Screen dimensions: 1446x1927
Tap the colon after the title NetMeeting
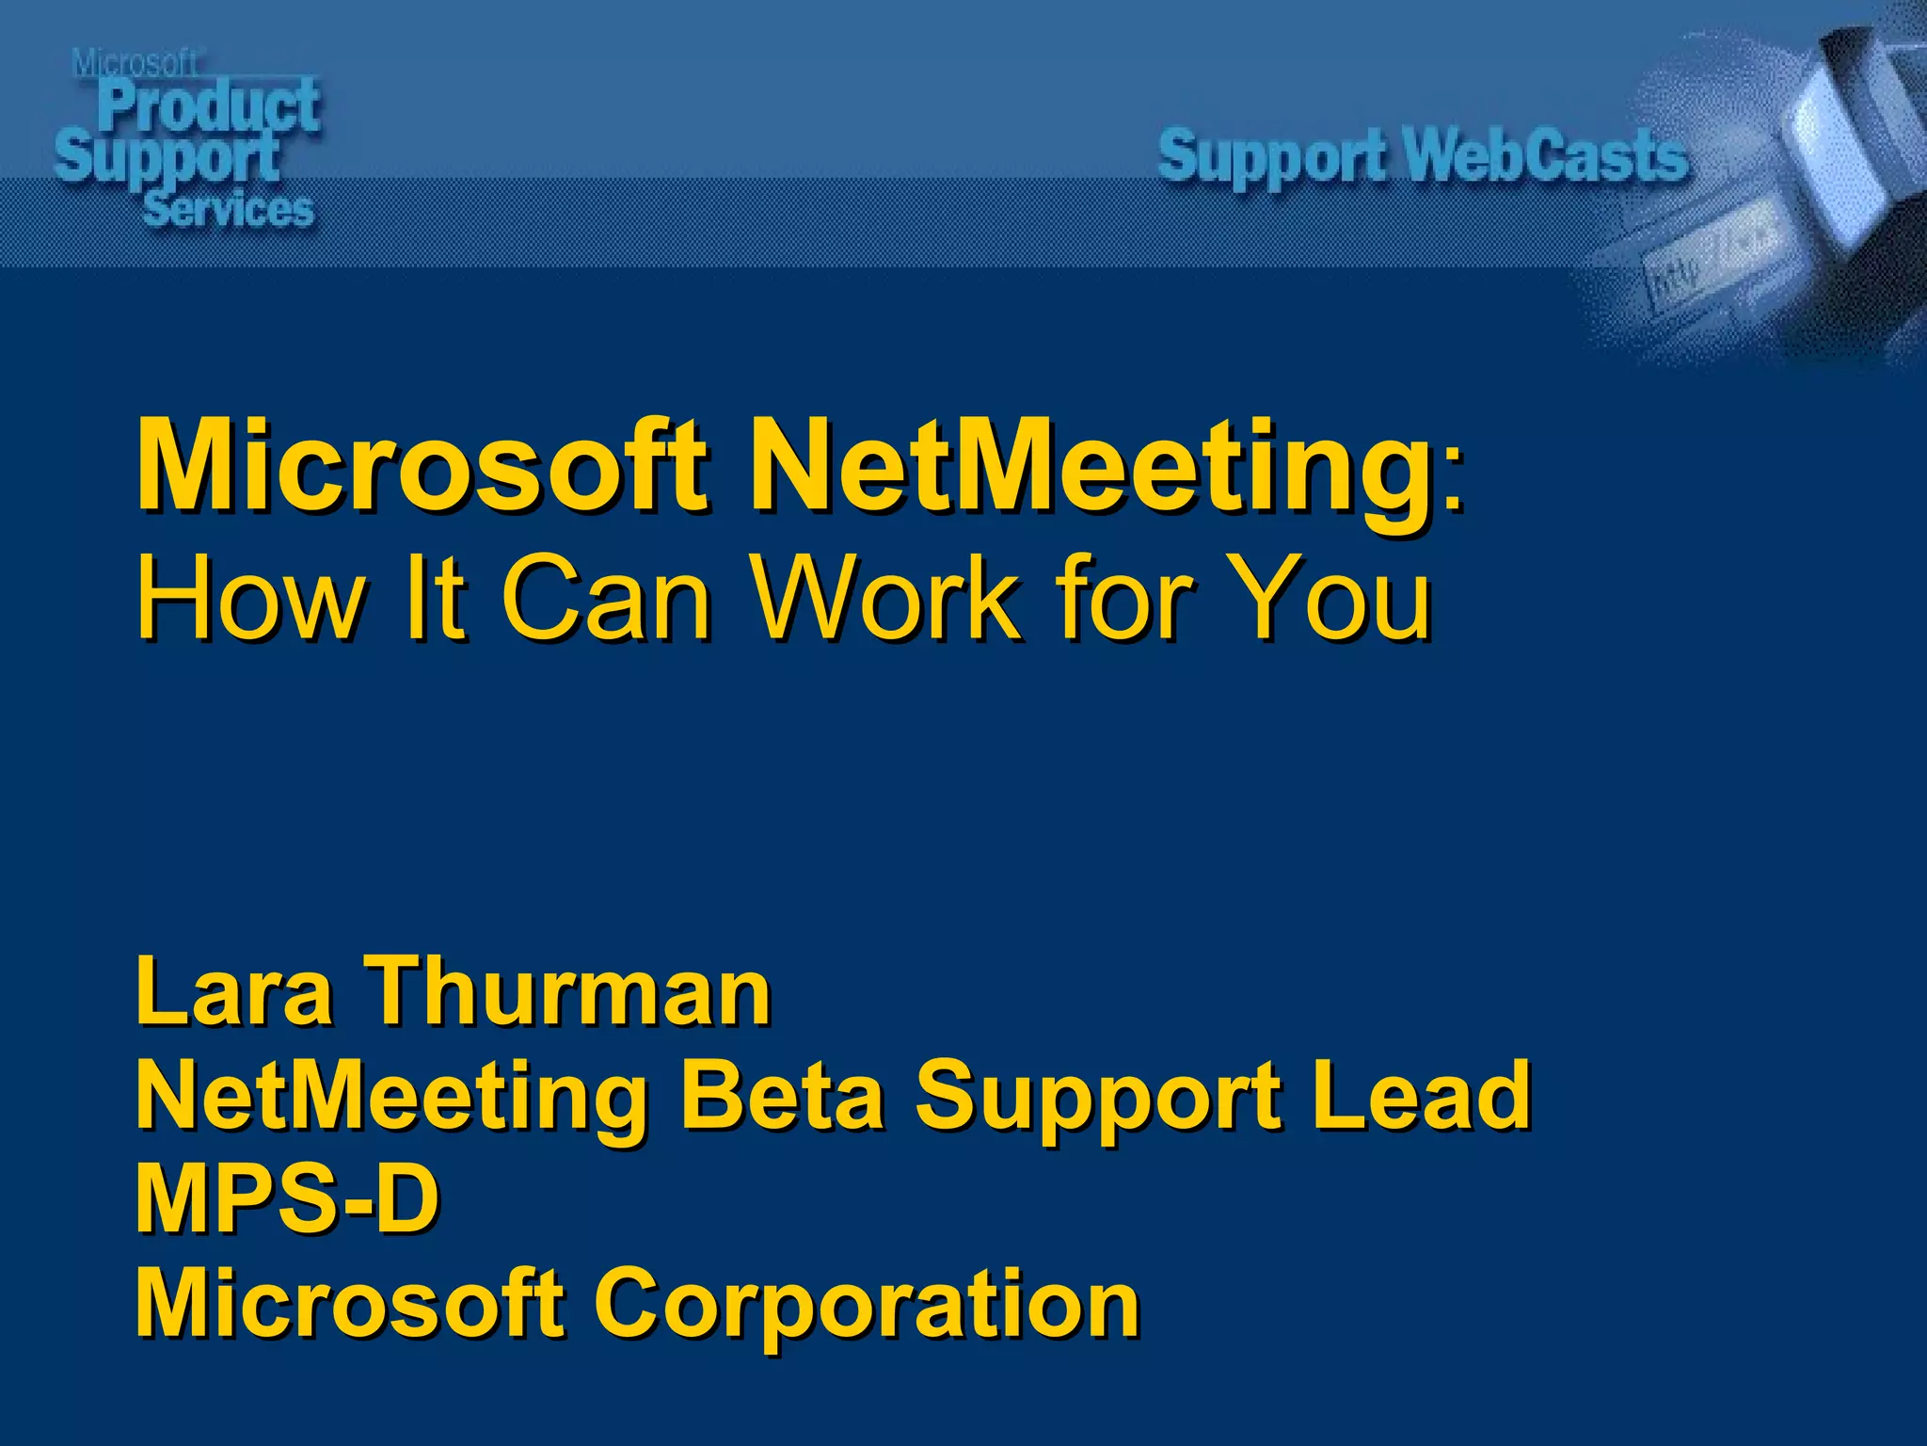click(x=1455, y=480)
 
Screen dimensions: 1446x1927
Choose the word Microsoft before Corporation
click(x=351, y=1304)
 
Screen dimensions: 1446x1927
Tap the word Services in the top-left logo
click(x=229, y=209)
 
